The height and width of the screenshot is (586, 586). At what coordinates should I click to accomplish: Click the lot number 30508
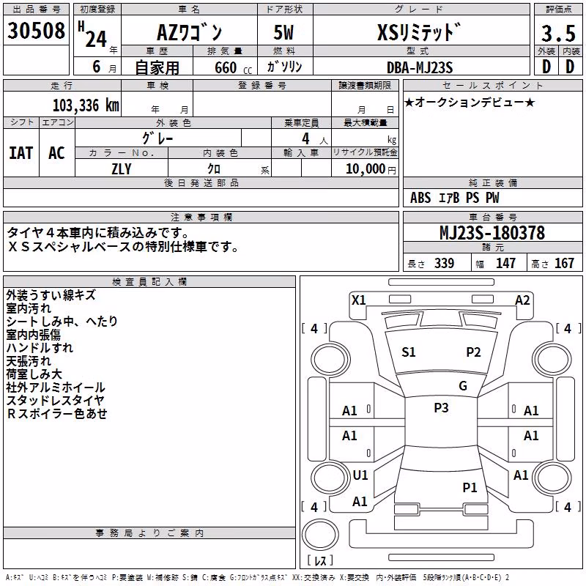[x=36, y=30]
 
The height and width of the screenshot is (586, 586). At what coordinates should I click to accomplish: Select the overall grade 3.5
[x=558, y=33]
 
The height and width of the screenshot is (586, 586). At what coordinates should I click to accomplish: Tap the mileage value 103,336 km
[x=86, y=105]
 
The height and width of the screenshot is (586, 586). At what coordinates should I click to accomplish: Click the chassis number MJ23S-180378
[x=492, y=232]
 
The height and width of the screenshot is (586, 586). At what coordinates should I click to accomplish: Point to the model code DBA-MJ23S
[x=420, y=67]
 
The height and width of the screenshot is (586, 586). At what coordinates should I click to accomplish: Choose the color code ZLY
[x=122, y=169]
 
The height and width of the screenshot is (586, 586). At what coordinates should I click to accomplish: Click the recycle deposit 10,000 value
[x=365, y=169]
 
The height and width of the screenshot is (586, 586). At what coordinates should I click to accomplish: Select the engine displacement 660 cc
[x=233, y=67]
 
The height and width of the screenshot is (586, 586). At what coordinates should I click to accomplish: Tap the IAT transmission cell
[x=21, y=153]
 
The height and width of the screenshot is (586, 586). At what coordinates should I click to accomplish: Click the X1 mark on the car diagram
[x=358, y=300]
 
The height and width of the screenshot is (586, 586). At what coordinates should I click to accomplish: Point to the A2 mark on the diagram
[x=522, y=300]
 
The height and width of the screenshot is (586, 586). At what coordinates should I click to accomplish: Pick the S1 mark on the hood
[x=408, y=352]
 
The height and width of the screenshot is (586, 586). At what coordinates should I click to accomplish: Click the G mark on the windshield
[x=463, y=386]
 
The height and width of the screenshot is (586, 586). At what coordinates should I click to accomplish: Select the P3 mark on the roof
[x=441, y=408]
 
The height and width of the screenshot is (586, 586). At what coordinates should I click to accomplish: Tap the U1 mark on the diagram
[x=360, y=475]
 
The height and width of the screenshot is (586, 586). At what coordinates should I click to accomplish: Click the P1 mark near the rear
[x=470, y=487]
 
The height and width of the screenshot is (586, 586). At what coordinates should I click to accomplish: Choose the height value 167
[x=564, y=263]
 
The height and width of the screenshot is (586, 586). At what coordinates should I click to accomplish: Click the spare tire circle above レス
[x=320, y=534]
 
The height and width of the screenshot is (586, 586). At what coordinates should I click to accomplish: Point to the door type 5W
[x=283, y=32]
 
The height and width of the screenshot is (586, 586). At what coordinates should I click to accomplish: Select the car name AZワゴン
[x=189, y=32]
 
